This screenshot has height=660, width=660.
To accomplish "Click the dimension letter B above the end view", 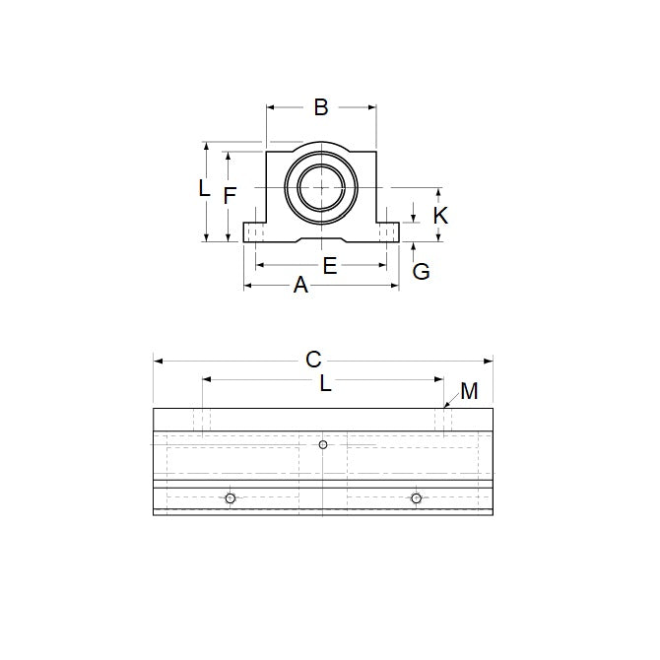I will pyautogui.click(x=320, y=107).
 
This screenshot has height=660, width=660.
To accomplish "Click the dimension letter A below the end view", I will pyautogui.click(x=301, y=286).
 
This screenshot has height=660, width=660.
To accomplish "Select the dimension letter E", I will pyautogui.click(x=330, y=265).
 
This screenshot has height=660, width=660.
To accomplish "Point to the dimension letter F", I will pyautogui.click(x=229, y=195).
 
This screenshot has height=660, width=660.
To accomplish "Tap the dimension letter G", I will pyautogui.click(x=421, y=272).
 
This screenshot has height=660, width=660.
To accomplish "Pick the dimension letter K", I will pyautogui.click(x=441, y=215).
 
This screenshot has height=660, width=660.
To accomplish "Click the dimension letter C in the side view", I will pyautogui.click(x=313, y=361).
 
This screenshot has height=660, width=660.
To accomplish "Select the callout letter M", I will pyautogui.click(x=469, y=392).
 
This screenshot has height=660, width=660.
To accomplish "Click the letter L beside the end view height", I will pyautogui.click(x=204, y=188).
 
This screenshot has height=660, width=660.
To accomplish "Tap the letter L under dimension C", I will pyautogui.click(x=325, y=385).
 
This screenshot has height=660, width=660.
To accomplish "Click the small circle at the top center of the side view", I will pyautogui.click(x=323, y=444).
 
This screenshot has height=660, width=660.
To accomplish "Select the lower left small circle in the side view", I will pyautogui.click(x=230, y=498).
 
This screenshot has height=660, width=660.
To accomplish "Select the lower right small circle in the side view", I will pyautogui.click(x=417, y=498).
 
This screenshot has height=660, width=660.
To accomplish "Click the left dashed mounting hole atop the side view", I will pyautogui.click(x=202, y=421).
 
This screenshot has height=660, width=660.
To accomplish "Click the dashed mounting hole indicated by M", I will pyautogui.click(x=443, y=421).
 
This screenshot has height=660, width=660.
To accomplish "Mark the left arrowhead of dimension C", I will pyautogui.click(x=157, y=362).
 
